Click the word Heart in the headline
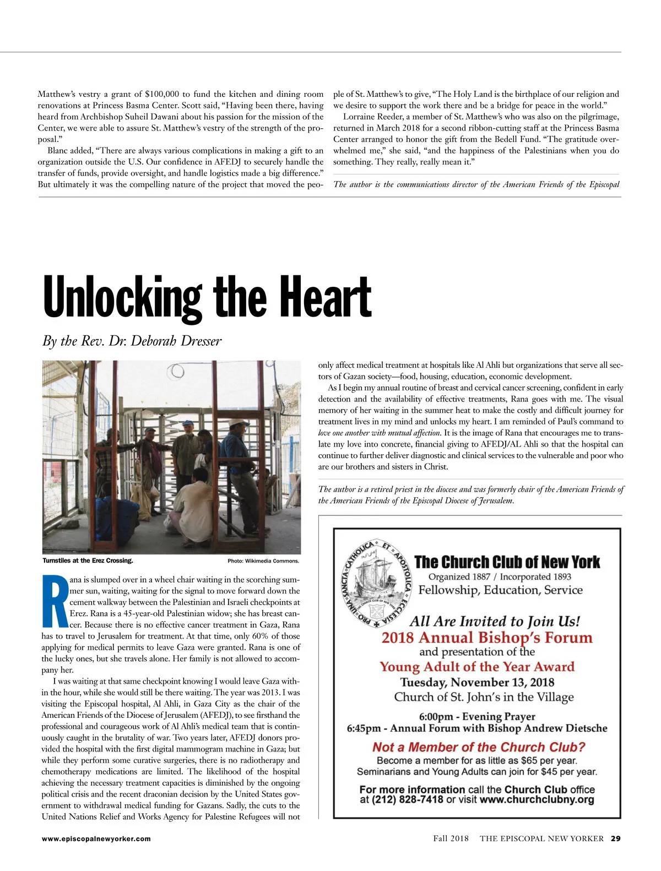325,298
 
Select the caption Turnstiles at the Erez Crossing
88,560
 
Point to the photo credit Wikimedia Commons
263,561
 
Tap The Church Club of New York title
507,562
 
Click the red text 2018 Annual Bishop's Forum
487,638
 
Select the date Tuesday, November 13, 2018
477,682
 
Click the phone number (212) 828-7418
407,799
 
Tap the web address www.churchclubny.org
537,799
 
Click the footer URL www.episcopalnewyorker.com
96,839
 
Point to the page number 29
615,839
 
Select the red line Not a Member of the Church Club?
479,747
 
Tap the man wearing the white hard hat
239,451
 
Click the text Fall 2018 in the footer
451,839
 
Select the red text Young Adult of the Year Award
477,667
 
